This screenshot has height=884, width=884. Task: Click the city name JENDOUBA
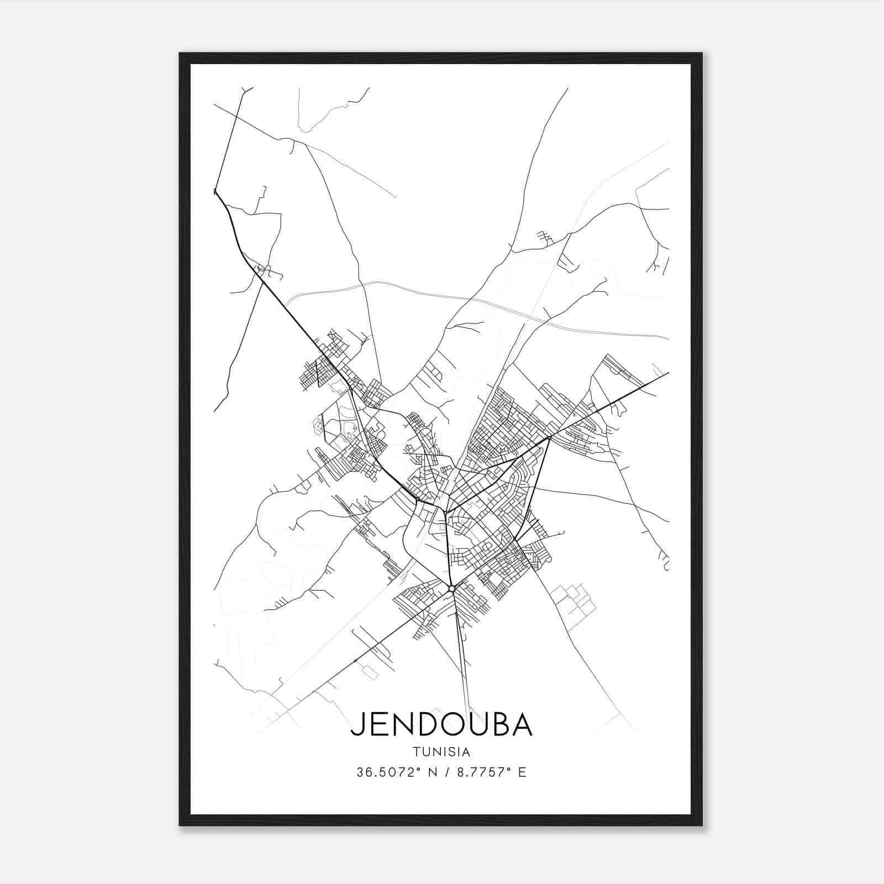(441, 724)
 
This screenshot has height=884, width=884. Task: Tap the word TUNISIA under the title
(441, 752)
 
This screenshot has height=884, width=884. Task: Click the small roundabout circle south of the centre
(452, 589)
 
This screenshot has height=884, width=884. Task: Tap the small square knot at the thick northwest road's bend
(215, 192)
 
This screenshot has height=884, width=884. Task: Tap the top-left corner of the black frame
(181, 54)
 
